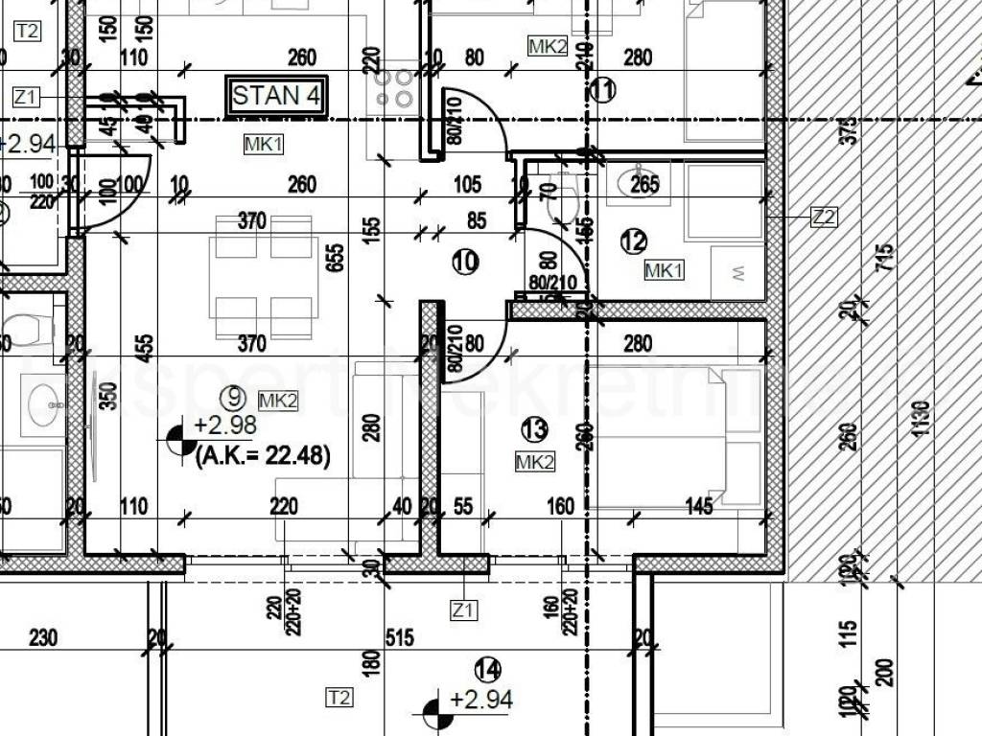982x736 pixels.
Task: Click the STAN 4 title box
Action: click(x=278, y=95)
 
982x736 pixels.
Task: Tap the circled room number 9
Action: click(x=232, y=392)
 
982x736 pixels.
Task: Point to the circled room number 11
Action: click(x=602, y=90)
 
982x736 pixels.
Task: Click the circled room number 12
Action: click(x=634, y=242)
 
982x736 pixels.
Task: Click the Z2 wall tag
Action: click(x=823, y=218)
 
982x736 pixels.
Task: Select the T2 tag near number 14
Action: click(x=339, y=697)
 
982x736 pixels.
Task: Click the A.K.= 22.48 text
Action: click(x=263, y=458)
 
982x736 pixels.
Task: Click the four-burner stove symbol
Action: click(x=395, y=87)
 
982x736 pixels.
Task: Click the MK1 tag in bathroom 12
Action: click(x=664, y=270)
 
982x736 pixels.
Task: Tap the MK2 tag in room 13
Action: click(x=535, y=463)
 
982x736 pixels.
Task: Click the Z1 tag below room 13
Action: click(x=464, y=609)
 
